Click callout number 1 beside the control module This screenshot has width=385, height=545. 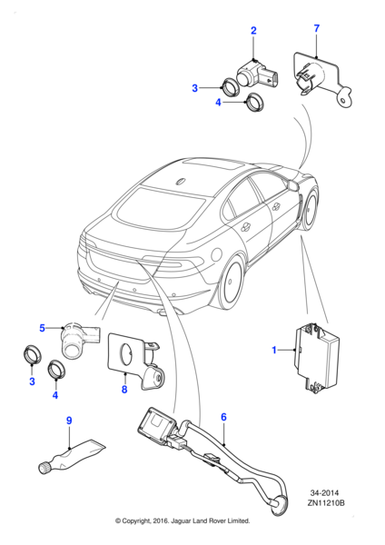[275, 350]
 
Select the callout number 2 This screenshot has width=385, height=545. [253, 31]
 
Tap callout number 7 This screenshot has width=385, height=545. [316, 29]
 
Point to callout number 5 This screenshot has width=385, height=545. [42, 327]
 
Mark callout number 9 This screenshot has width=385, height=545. [68, 421]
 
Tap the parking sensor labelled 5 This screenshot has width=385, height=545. [77, 340]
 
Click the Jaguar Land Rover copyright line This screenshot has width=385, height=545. [182, 521]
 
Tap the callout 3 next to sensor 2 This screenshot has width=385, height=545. [195, 88]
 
